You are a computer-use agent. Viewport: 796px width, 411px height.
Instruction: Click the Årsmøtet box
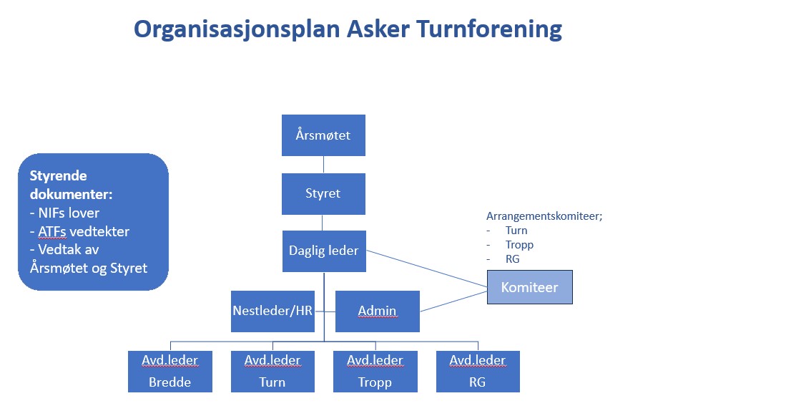click(323, 135)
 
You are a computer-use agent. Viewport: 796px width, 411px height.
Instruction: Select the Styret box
click(323, 193)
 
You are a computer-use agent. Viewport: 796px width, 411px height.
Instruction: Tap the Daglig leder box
click(324, 251)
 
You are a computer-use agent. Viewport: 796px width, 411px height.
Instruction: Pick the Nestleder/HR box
click(272, 311)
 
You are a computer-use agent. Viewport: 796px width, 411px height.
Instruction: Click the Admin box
click(377, 311)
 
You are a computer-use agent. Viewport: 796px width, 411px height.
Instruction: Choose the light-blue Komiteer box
click(529, 287)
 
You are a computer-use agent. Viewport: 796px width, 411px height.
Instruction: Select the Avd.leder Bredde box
click(170, 372)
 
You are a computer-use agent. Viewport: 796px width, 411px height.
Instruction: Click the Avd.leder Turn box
click(272, 372)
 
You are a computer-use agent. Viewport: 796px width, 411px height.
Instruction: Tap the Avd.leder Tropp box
click(375, 372)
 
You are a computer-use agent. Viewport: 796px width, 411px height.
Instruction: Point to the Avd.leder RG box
click(478, 372)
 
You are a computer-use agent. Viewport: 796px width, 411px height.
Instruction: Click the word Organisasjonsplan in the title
click(237, 29)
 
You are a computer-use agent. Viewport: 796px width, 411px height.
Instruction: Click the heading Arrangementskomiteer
click(544, 216)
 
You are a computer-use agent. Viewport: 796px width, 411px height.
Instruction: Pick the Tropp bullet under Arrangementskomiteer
click(519, 245)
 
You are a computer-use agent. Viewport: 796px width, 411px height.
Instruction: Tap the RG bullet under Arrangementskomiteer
click(512, 259)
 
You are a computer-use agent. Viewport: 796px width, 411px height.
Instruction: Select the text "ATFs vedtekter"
click(84, 232)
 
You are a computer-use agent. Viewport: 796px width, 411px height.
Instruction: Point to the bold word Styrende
click(59, 176)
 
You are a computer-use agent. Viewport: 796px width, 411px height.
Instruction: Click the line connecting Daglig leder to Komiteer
click(426, 269)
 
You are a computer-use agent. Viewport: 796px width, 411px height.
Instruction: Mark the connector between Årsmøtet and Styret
click(323, 165)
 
